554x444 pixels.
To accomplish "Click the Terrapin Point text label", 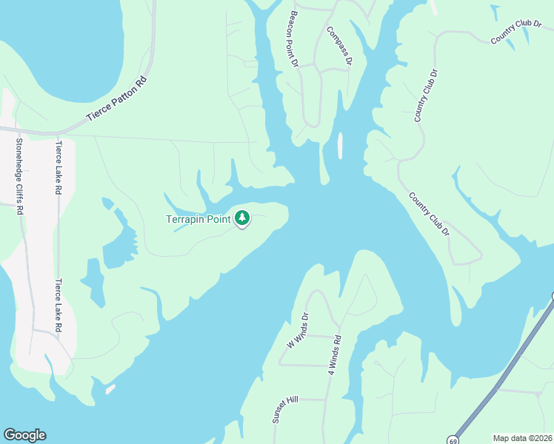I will tap(198, 220).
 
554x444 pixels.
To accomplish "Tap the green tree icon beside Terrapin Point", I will tap(242, 218).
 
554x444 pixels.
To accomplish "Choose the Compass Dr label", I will tap(338, 47).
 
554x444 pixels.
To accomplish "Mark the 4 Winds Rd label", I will tap(333, 357).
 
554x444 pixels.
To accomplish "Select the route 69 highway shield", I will tap(453, 440).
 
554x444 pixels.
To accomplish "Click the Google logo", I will tap(24, 435).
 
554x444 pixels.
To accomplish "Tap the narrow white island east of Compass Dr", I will tap(340, 146).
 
